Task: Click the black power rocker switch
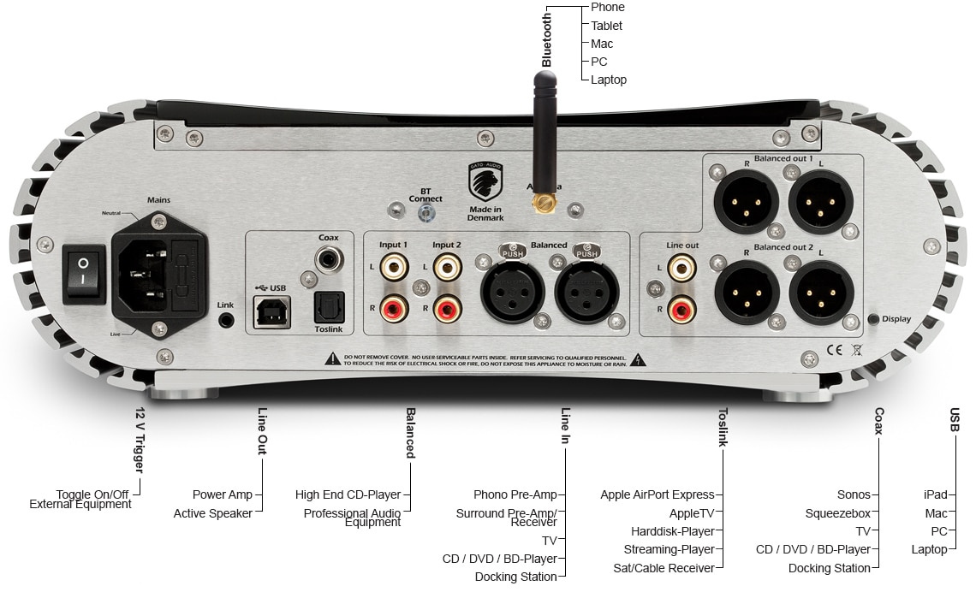coord(84,273)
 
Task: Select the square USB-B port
coord(271,312)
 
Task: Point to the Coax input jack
coord(328,258)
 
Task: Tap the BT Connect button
coord(426,213)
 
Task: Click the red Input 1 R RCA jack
coord(395,305)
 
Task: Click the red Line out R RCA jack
coord(682,307)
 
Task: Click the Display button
coord(873,319)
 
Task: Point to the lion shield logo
coord(485,181)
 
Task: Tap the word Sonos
coord(854,494)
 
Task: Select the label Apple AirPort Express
coord(657,494)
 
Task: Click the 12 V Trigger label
coord(139,441)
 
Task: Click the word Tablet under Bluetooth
coord(606,26)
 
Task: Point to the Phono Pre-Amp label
coord(515,494)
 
